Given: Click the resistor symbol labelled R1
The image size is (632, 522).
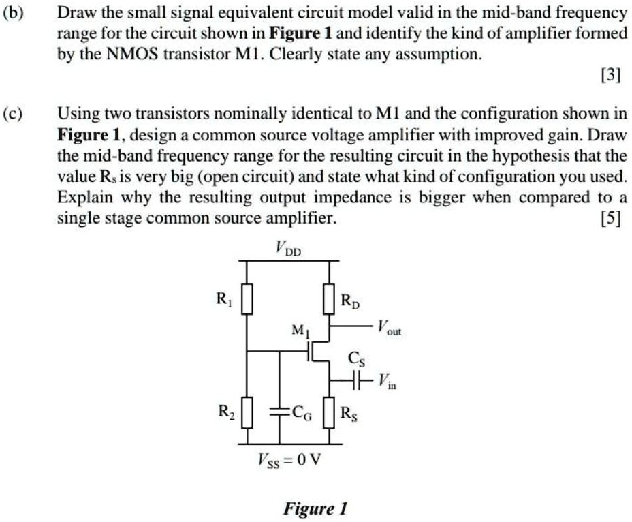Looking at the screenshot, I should tap(247, 299).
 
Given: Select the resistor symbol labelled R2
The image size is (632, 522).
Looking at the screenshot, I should tap(247, 413).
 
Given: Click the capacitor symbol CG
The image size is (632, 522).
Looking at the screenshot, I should tap(279, 412).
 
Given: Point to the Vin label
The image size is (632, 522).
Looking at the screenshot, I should tap(385, 383).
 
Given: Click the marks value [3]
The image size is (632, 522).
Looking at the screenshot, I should tap(610, 76).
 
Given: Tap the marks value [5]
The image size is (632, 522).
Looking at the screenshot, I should tap(610, 219).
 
